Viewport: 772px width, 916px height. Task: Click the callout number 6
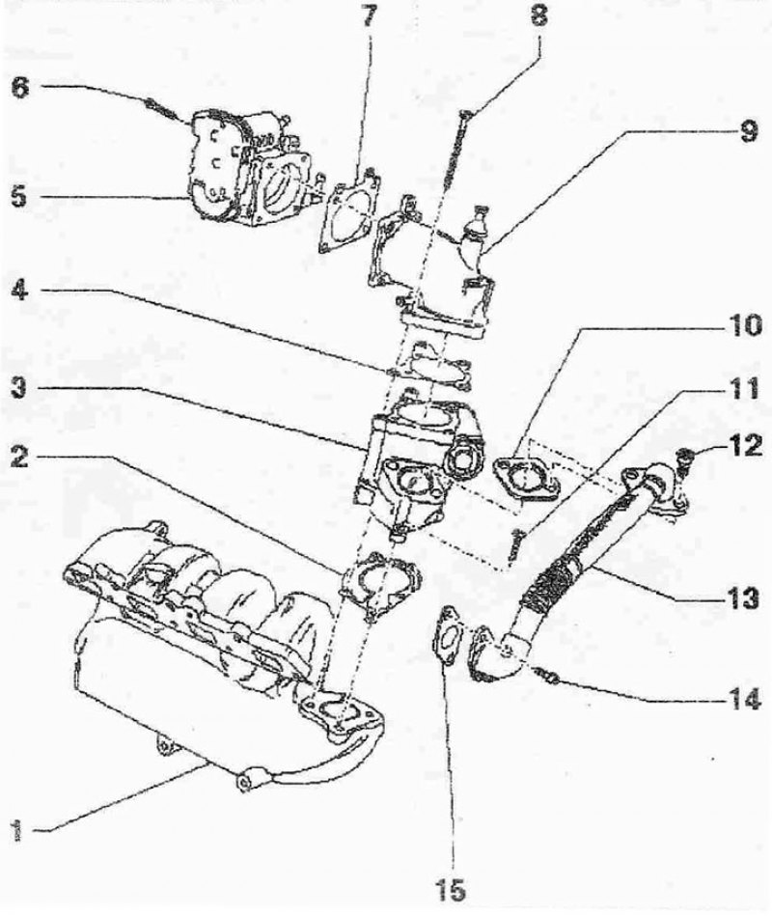click(20, 90)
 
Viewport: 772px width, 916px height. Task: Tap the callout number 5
click(19, 196)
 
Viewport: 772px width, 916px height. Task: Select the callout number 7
click(369, 16)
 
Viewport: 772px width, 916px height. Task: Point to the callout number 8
click(539, 16)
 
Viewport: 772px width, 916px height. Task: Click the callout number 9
click(748, 131)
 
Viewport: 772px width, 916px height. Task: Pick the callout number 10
click(743, 325)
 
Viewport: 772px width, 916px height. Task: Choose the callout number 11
click(743, 388)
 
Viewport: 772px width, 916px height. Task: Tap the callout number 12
click(744, 446)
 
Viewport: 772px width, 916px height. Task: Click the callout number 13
click(743, 598)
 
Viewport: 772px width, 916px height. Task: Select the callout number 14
click(743, 699)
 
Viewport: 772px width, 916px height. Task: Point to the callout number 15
click(451, 891)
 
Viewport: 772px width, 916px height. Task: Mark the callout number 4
click(20, 291)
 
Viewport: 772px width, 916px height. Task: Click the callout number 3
click(19, 387)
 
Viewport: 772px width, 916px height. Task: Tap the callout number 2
click(19, 458)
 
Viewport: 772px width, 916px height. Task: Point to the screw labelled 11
click(515, 542)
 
